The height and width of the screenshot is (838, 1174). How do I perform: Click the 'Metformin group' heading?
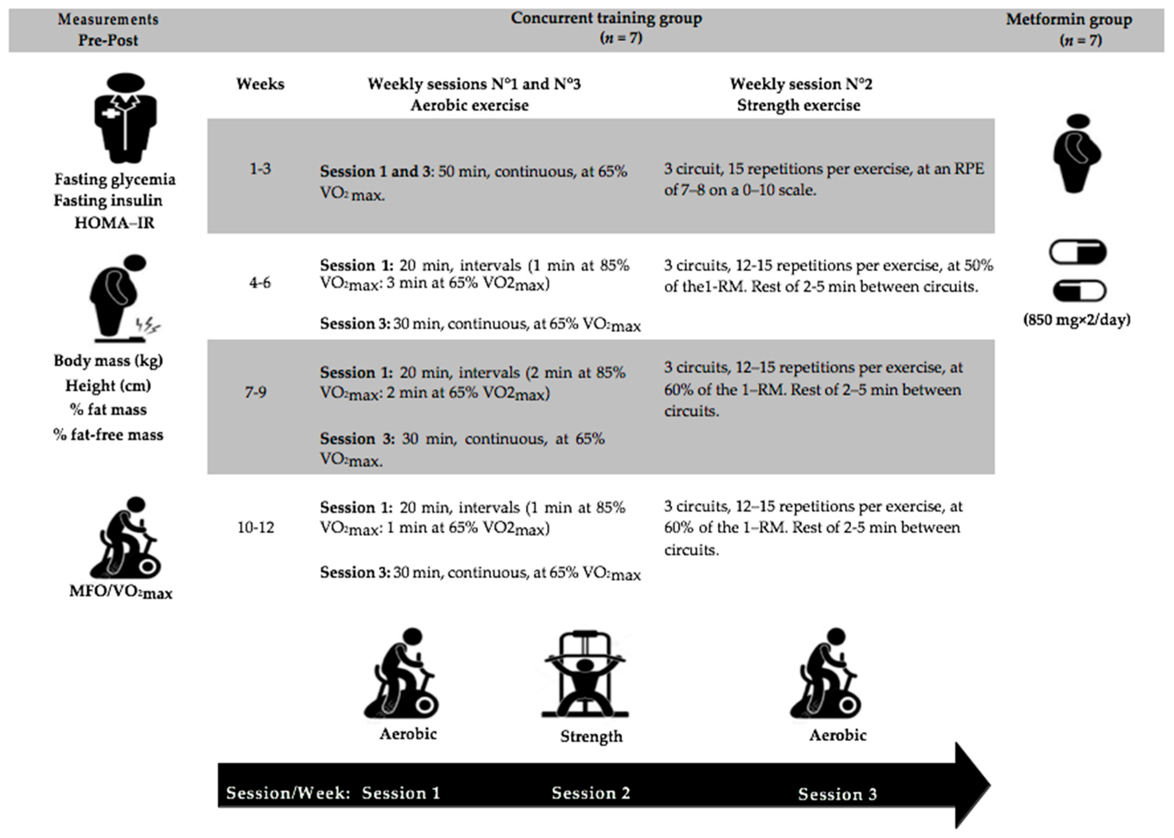click(x=1069, y=20)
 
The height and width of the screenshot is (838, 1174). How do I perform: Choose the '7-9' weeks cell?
click(x=255, y=393)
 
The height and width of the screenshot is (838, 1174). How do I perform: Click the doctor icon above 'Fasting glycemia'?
click(x=125, y=118)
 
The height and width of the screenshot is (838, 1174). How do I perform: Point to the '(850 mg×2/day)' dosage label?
click(x=1077, y=320)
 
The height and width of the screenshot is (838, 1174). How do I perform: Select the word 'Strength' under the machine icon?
click(x=591, y=736)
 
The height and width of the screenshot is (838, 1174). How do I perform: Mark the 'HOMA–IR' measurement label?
click(x=115, y=223)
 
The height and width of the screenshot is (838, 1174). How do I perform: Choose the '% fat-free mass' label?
click(x=108, y=435)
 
